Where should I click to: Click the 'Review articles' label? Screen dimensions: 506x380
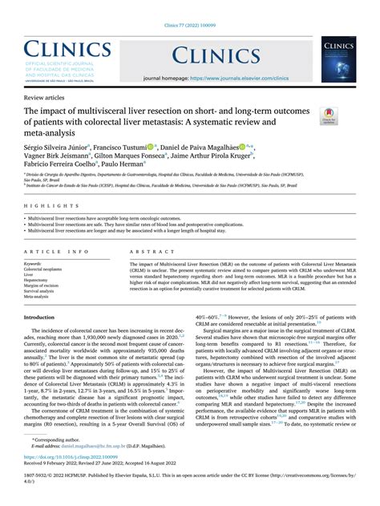[45, 95]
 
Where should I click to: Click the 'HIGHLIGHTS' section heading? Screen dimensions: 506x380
[47, 206]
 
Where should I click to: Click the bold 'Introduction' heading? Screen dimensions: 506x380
[39, 318]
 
